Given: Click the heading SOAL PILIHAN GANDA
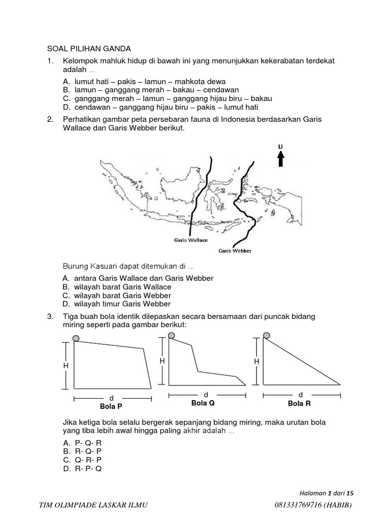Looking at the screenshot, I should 89,49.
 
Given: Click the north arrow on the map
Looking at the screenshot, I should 280,159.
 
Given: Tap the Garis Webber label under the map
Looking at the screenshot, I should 235,250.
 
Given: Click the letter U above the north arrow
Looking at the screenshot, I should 280,147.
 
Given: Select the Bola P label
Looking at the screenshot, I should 112,406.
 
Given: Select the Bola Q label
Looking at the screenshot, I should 203,403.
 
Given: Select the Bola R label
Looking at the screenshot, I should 299,403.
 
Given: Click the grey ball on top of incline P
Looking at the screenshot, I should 76,338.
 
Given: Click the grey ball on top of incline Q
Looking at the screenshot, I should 171,335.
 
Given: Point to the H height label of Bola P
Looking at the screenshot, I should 66,366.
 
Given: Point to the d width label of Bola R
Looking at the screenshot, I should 300,395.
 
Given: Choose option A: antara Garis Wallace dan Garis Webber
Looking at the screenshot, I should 138,278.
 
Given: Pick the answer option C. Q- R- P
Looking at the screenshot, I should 83,460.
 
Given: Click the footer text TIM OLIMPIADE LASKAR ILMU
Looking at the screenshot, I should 94,504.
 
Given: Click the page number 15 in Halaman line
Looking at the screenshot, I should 349,493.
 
